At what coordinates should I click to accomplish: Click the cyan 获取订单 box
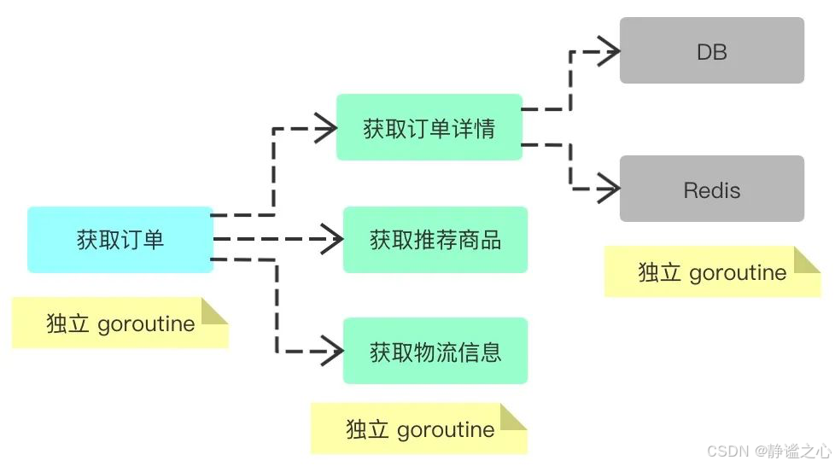(x=120, y=240)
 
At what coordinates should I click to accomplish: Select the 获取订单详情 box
(x=429, y=127)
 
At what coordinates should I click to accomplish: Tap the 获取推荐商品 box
(x=435, y=240)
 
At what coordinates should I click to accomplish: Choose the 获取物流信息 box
(x=435, y=351)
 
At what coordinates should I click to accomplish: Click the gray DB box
(x=711, y=50)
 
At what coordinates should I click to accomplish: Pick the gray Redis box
(x=711, y=189)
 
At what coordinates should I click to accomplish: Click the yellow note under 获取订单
(x=120, y=323)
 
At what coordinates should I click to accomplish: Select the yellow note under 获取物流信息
(x=418, y=428)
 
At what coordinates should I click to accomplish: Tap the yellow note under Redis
(x=711, y=272)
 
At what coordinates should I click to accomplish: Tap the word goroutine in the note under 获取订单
(x=146, y=324)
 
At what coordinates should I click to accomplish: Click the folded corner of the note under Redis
(x=807, y=259)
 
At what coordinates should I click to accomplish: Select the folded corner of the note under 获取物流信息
(x=514, y=416)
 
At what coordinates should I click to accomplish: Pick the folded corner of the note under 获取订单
(x=215, y=311)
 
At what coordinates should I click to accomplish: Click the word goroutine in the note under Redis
(x=738, y=273)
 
